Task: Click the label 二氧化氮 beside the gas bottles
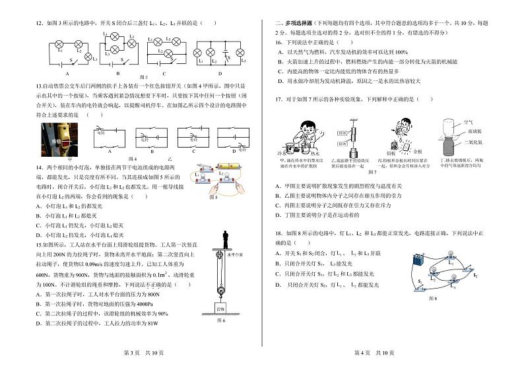[490, 143]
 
